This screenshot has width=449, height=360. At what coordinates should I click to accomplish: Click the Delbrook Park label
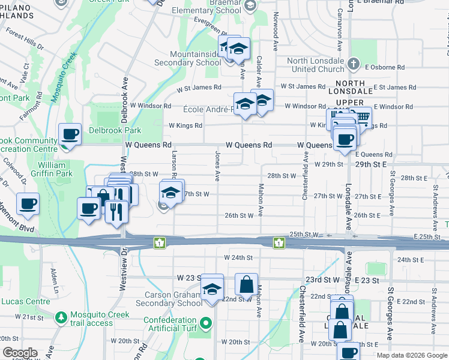click(x=115, y=130)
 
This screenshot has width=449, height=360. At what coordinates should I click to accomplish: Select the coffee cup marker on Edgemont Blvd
click(x=28, y=204)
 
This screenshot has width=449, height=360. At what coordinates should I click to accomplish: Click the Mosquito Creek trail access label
click(x=91, y=319)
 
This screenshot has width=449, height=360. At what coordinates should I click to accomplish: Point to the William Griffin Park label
click(x=55, y=169)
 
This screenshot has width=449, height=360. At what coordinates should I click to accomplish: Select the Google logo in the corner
click(x=20, y=353)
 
